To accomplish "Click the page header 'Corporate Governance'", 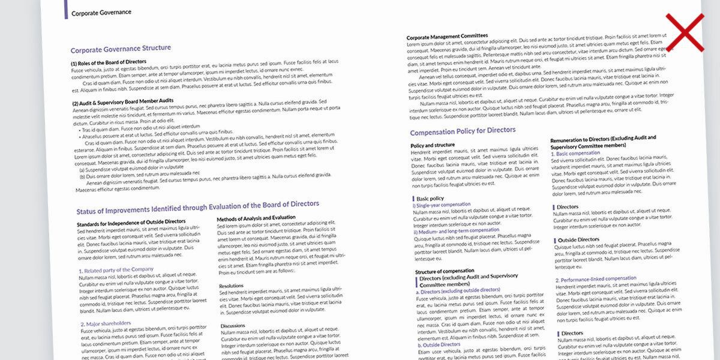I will (x=101, y=11).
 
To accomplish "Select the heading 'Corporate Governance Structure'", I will (x=121, y=49).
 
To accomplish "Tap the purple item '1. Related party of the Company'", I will (x=116, y=270).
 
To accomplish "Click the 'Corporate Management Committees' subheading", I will (x=447, y=37).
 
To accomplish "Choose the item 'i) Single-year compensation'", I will (x=442, y=205).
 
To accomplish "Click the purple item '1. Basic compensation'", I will (x=575, y=154).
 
